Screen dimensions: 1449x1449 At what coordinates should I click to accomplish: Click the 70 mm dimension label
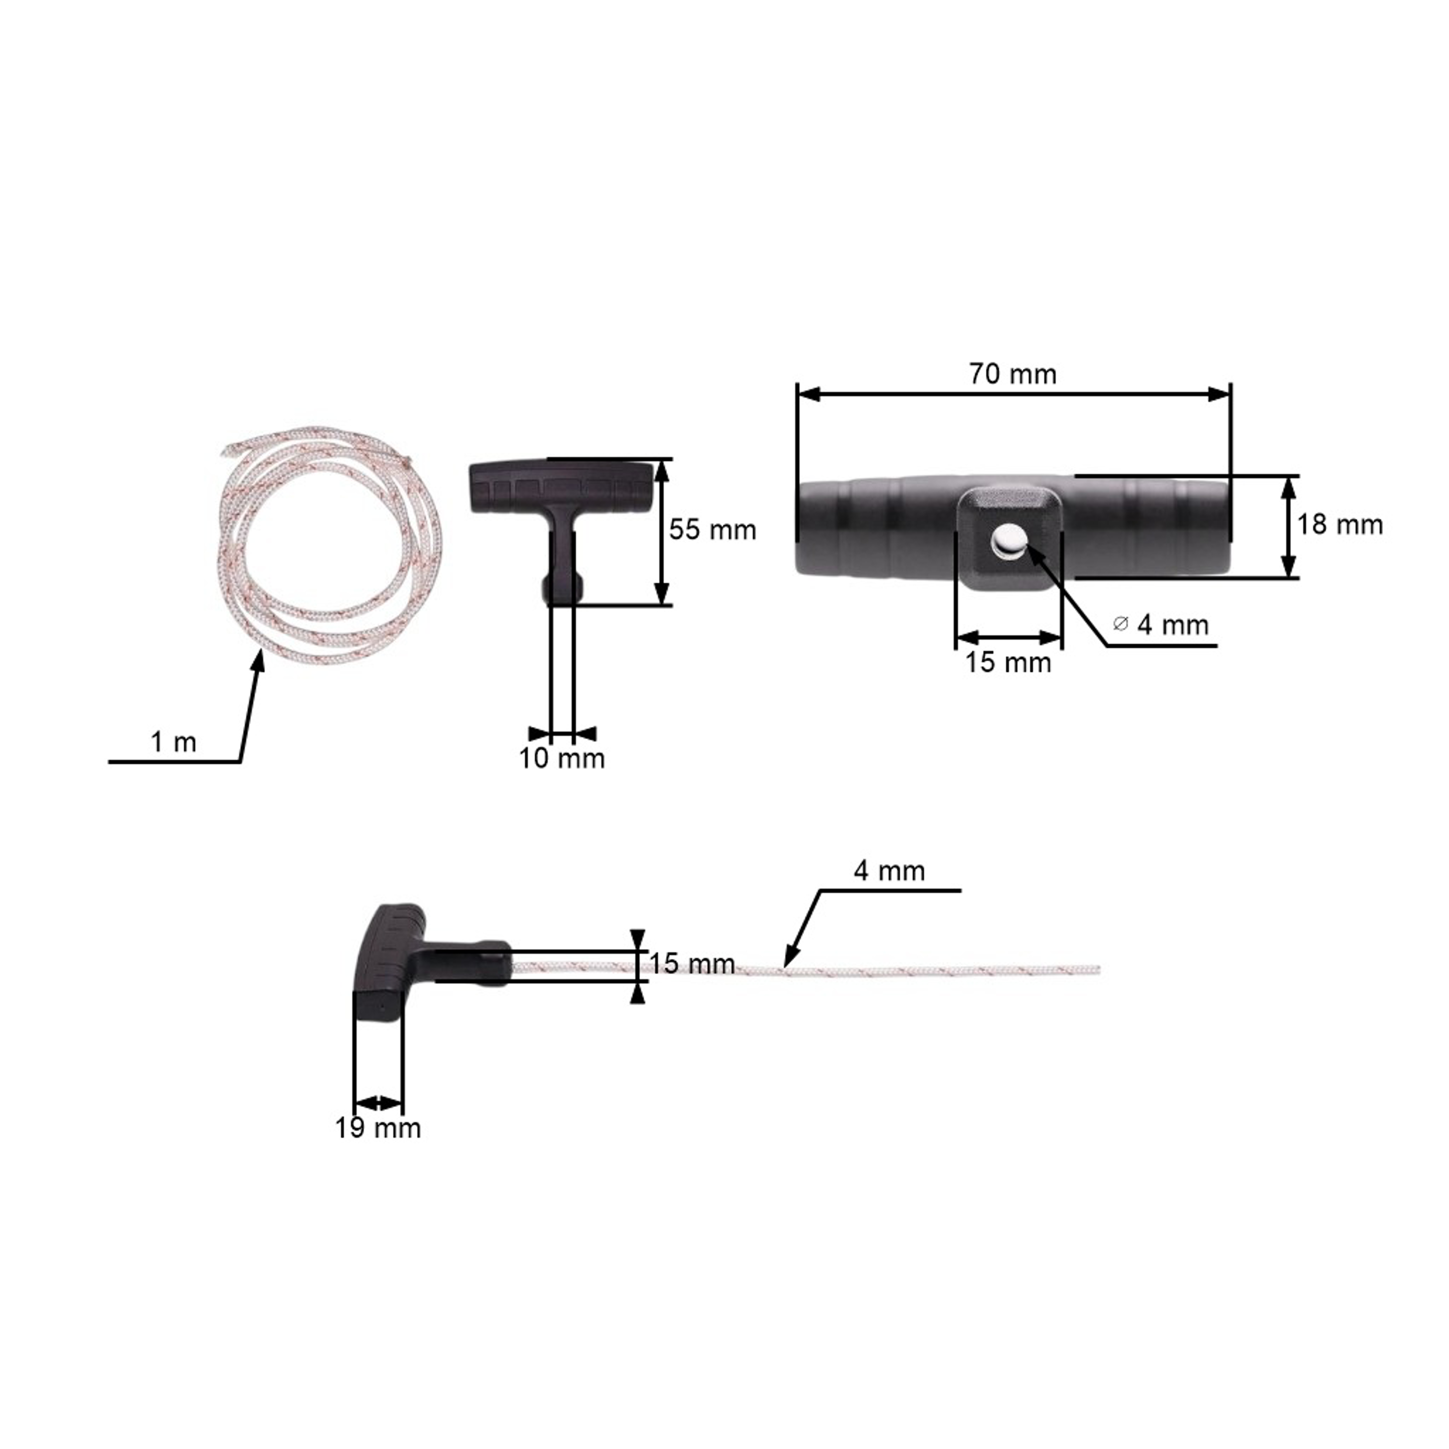tap(1012, 373)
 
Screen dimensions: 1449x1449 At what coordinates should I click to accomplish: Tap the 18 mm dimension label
tap(1339, 524)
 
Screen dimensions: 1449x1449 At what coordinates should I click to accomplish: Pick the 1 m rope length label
tap(173, 742)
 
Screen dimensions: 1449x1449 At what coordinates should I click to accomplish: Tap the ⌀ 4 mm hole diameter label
tap(1161, 625)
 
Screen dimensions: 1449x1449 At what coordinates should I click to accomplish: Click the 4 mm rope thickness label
tap(889, 871)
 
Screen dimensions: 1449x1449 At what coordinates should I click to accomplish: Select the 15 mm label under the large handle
tap(1008, 662)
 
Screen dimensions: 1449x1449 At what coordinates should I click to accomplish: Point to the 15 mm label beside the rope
tap(692, 964)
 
